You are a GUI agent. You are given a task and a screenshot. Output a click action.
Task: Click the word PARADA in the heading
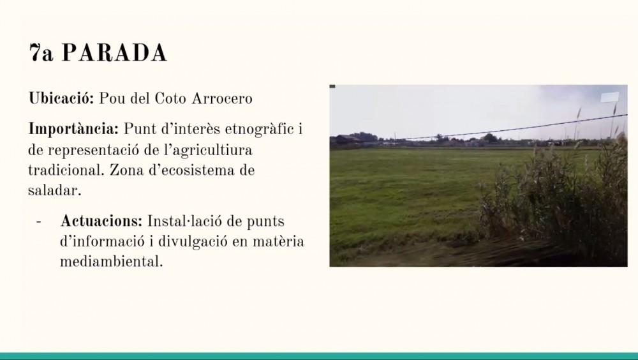[114, 52]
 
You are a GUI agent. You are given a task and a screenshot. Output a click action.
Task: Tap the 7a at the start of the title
[41, 52]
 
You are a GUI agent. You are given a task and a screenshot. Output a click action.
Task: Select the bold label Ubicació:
[61, 98]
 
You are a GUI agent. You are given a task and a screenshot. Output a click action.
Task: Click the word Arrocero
[222, 98]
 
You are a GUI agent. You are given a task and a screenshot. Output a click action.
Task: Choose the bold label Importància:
[73, 130]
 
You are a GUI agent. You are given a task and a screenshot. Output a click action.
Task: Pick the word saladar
[54, 190]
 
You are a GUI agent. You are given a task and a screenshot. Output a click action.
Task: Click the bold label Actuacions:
[101, 221]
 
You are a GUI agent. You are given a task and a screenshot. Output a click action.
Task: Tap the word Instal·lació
[185, 221]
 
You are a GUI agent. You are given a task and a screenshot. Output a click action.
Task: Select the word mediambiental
[111, 262]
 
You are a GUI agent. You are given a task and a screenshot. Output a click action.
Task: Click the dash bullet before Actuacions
[39, 222]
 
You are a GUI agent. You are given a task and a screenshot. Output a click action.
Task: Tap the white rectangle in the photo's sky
[610, 97]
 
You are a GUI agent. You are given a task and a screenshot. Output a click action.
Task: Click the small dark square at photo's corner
[332, 86]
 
